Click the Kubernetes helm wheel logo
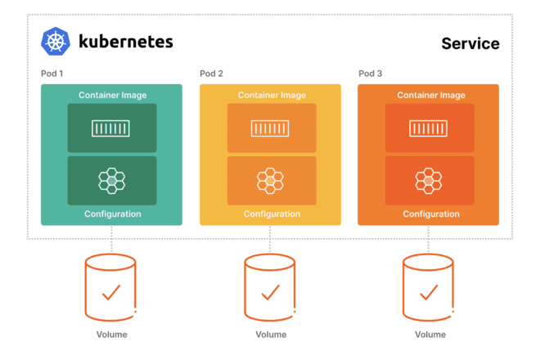point(56,42)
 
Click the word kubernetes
point(126,42)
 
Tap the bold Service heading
point(470,43)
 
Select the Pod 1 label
point(52,74)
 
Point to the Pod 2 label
point(211,74)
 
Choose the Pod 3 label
point(370,74)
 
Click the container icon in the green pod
point(110,128)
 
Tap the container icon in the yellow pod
point(270,128)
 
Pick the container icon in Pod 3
point(429,128)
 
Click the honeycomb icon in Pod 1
point(111,181)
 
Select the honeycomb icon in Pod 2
point(270,181)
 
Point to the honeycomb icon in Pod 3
point(429,181)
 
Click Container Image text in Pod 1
point(113,95)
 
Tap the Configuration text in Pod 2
point(272,214)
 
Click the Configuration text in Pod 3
point(431,214)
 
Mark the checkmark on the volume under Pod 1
point(111,293)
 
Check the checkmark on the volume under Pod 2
point(270,293)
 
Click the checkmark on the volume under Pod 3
point(429,293)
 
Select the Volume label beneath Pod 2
point(271,335)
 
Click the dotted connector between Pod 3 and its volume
point(429,240)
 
